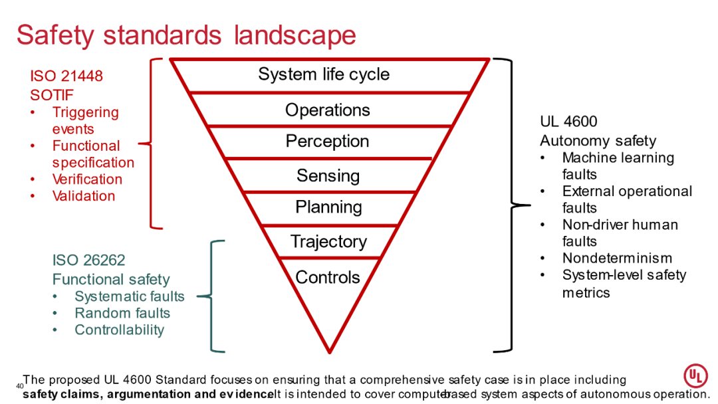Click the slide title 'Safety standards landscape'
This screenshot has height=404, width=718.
tap(186, 35)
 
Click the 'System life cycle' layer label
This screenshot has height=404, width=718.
tap(324, 74)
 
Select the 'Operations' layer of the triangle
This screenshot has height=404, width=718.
tap(328, 110)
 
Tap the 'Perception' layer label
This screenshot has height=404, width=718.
tap(327, 142)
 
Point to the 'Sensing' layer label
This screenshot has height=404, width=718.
tap(328, 175)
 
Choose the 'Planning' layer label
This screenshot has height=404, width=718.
tap(328, 207)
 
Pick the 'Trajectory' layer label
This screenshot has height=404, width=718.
tap(328, 242)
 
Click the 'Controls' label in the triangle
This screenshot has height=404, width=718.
tap(328, 277)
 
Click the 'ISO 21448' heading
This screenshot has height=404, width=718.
tap(66, 76)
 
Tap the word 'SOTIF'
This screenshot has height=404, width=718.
tap(52, 95)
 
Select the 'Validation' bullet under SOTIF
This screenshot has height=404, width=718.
tap(84, 196)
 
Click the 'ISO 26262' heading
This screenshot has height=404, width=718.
tap(88, 260)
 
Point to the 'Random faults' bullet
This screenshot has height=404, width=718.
tap(122, 313)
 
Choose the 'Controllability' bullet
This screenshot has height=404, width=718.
tap(119, 330)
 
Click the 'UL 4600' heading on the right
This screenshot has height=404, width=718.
tap(568, 122)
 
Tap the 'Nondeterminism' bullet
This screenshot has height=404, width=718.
tap(617, 258)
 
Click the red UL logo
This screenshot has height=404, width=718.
tap(695, 377)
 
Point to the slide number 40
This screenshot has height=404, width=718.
tap(19, 386)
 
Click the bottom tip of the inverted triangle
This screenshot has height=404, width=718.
tap(329, 351)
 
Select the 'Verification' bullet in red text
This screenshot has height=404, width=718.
tap(87, 179)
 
